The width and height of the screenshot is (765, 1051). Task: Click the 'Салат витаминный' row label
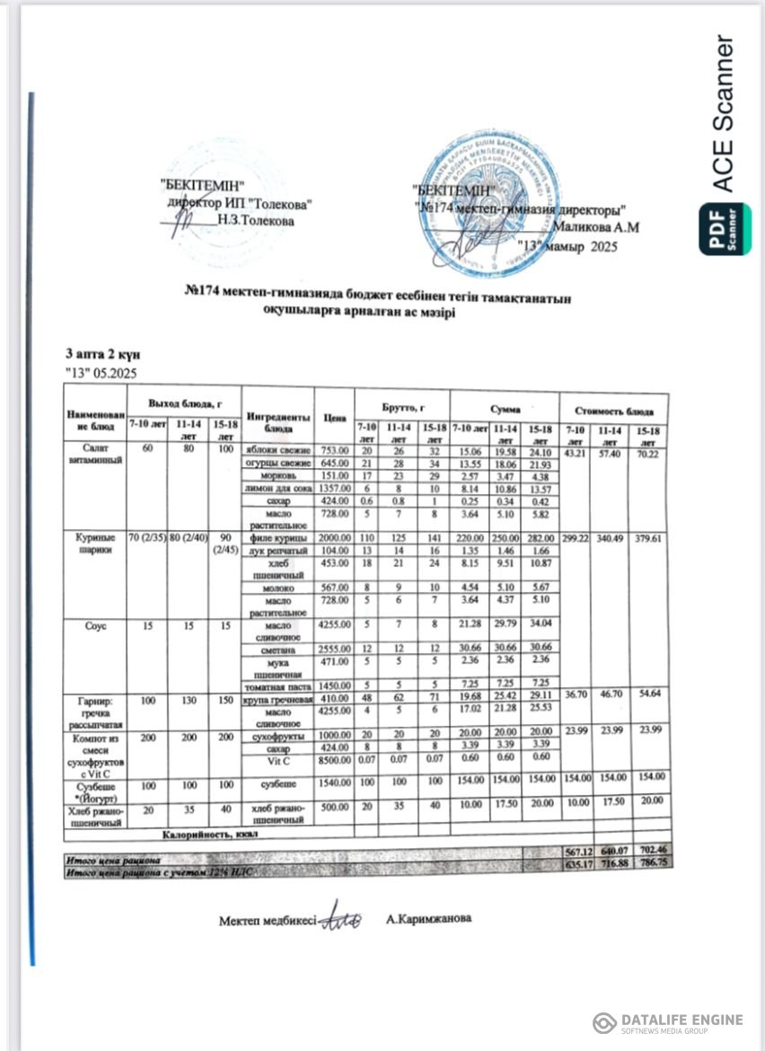(93, 455)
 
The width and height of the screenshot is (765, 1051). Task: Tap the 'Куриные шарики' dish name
(93, 543)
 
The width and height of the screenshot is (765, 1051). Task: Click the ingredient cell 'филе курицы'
(278, 537)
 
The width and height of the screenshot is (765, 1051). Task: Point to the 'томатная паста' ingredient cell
(278, 684)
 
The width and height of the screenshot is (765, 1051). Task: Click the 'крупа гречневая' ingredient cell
(278, 698)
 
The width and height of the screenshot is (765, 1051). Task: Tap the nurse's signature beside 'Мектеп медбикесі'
(342, 918)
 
